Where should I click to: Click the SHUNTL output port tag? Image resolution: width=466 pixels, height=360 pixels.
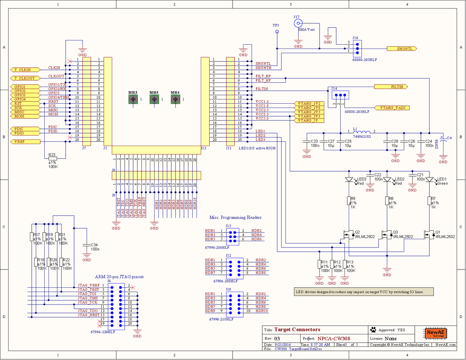click(x=402, y=49)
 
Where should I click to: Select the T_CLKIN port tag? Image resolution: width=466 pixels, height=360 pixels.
click(x=25, y=70)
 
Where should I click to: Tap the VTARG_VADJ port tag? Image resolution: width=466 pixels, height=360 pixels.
click(x=392, y=108)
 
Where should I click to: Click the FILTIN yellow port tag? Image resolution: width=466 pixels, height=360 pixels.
click(x=389, y=87)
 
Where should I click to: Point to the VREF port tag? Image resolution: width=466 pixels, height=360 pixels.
click(x=25, y=142)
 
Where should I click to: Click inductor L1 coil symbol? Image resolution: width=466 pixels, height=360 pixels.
click(x=362, y=131)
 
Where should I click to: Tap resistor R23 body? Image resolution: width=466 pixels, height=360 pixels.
click(x=52, y=158)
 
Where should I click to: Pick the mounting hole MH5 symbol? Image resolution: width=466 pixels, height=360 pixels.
click(x=154, y=100)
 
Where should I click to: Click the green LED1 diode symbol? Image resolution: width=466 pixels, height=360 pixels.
click(x=429, y=180)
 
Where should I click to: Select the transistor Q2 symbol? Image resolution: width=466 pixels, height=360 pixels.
click(x=347, y=235)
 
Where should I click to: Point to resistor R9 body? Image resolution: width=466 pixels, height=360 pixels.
click(x=348, y=200)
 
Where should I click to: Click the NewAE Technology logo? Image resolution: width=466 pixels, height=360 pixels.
click(x=436, y=334)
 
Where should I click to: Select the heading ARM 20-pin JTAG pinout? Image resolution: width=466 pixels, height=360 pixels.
click(x=119, y=277)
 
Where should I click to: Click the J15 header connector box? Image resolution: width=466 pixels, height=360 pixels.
click(x=232, y=235)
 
